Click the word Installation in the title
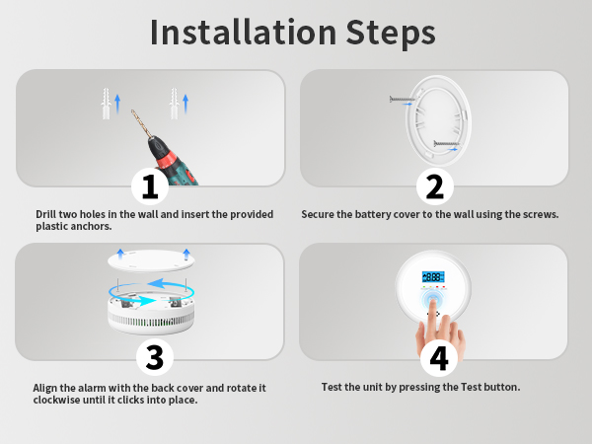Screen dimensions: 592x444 pyautogui.click(x=243, y=33)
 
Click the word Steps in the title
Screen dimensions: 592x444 pyautogui.click(x=391, y=34)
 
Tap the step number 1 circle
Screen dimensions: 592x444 pyautogui.click(x=150, y=186)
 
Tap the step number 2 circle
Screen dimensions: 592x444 pyautogui.click(x=434, y=186)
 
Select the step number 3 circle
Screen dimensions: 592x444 pyautogui.click(x=155, y=357)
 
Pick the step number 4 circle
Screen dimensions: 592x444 pyautogui.click(x=439, y=357)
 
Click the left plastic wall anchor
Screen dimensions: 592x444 pyautogui.click(x=107, y=104)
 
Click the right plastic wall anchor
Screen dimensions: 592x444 pyautogui.click(x=174, y=104)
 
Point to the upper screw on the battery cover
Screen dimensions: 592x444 pyautogui.click(x=403, y=100)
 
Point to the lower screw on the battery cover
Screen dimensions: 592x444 pyautogui.click(x=446, y=143)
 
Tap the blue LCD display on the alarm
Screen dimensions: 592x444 pyautogui.click(x=433, y=277)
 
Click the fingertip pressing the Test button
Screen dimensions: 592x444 pyautogui.click(x=433, y=303)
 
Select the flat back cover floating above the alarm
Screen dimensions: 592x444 pyautogui.click(x=151, y=260)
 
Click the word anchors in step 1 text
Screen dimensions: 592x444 pyautogui.click(x=94, y=226)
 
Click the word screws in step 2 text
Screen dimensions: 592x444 pyautogui.click(x=541, y=214)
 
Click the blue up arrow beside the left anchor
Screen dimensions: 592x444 pyautogui.click(x=117, y=104)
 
